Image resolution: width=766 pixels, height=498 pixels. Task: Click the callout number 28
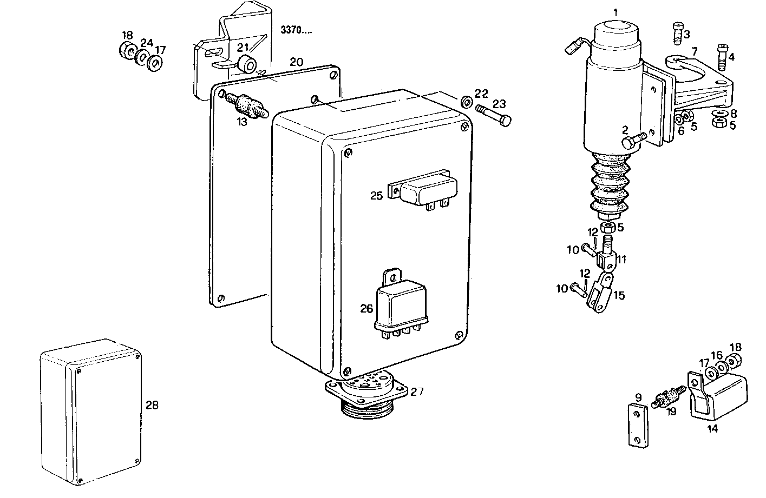152,404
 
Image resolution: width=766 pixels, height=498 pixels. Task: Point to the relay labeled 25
427,190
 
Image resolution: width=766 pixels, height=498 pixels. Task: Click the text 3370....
296,30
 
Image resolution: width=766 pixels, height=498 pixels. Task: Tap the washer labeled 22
465,102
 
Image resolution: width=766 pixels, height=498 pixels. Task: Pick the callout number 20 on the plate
296,62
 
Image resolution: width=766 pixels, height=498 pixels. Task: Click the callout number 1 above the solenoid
615,11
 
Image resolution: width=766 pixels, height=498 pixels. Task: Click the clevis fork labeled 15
600,294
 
